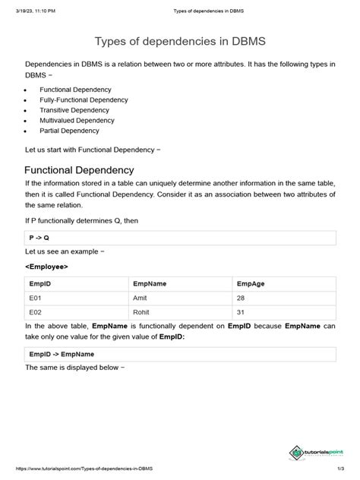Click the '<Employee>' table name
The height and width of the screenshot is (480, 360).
click(x=46, y=267)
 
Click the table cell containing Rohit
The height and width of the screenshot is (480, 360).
click(x=142, y=311)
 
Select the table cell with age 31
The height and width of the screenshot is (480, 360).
click(x=242, y=311)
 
